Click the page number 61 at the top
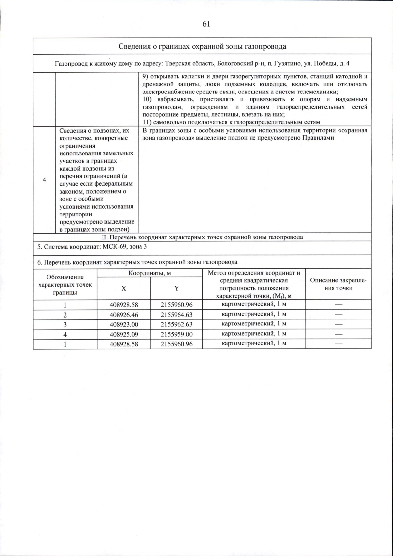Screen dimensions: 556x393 point(206,24)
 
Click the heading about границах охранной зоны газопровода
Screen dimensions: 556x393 point(202,46)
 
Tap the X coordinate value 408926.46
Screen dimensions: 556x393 point(124,315)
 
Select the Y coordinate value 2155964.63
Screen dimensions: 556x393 point(177,315)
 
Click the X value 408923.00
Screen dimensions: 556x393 point(124,324)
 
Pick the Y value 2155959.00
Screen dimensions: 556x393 point(177,334)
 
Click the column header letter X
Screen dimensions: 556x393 point(124,288)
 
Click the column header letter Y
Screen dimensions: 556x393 point(177,288)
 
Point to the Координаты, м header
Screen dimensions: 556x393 point(150,273)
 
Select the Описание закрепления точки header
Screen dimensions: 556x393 point(338,284)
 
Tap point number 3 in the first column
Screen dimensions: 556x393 point(65,324)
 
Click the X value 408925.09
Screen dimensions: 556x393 point(124,334)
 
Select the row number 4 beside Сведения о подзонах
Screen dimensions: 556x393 point(44,180)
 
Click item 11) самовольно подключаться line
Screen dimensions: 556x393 point(231,122)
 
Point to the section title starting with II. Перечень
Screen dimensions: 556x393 point(202,237)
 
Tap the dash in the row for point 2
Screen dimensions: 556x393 point(338,315)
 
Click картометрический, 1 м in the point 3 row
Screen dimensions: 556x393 point(254,324)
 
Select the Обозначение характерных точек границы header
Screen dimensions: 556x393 point(65,284)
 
